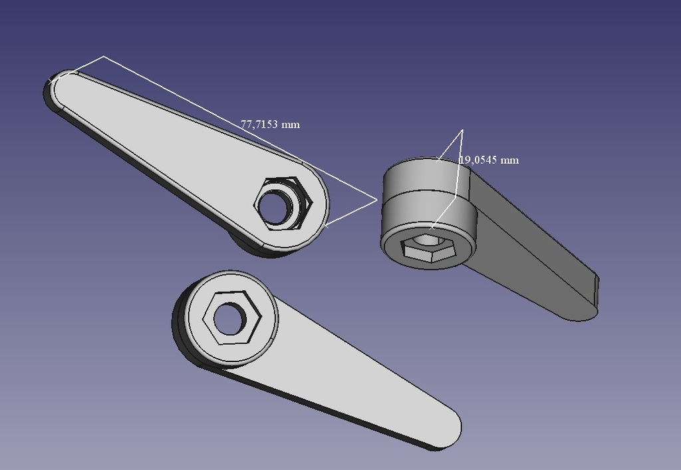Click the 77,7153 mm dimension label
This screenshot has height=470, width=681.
[270, 124]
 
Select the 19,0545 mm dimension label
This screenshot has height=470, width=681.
[489, 160]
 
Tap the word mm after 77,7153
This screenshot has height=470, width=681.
[291, 124]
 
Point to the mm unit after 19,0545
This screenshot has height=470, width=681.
[509, 160]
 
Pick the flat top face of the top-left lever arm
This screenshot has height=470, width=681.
[166, 146]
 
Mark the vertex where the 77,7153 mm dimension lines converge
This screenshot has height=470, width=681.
[377, 199]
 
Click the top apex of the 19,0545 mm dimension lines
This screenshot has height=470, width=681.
[461, 130]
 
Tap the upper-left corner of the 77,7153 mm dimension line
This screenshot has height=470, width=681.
[103, 57]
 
